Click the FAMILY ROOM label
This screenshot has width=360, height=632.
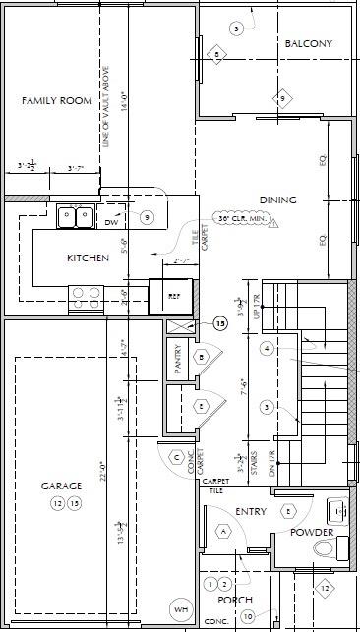click(57, 101)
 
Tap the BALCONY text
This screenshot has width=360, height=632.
click(308, 44)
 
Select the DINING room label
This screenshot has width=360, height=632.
click(277, 201)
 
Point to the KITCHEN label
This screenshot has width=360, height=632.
click(88, 259)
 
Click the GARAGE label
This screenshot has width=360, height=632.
click(60, 486)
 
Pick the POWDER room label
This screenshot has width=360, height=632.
click(311, 532)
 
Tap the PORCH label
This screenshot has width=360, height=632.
click(235, 600)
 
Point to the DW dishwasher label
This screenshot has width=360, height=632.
click(112, 223)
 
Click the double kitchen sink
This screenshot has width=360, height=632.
click(74, 216)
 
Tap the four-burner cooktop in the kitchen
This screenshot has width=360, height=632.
click(85, 293)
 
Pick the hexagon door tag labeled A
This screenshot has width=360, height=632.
click(222, 531)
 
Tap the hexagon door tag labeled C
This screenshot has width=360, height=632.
click(177, 456)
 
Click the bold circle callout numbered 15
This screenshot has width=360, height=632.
click(220, 323)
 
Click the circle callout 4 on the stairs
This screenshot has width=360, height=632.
click(266, 348)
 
